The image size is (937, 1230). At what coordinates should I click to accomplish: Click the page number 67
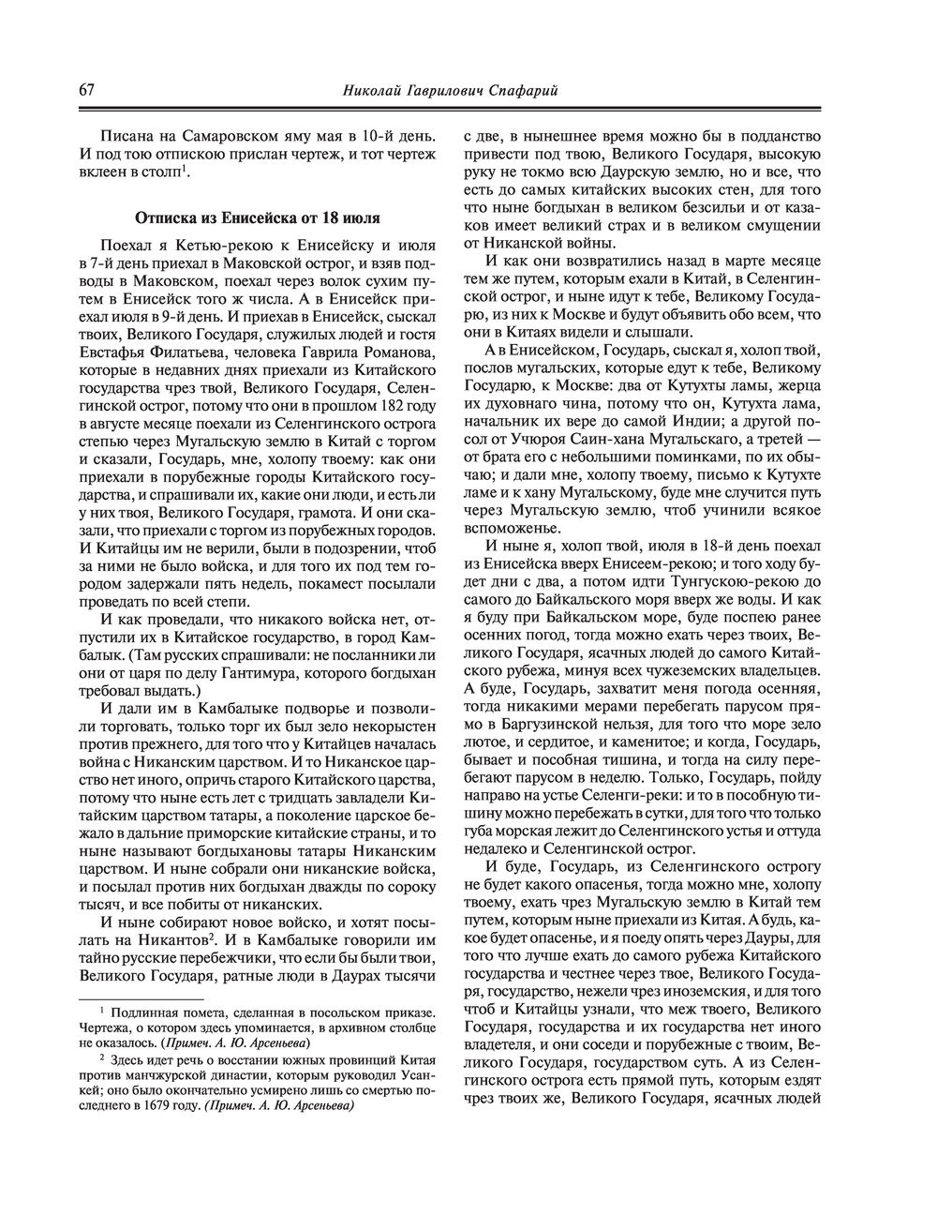(x=86, y=90)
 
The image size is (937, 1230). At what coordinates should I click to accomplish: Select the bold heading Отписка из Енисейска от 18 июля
(x=258, y=218)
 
